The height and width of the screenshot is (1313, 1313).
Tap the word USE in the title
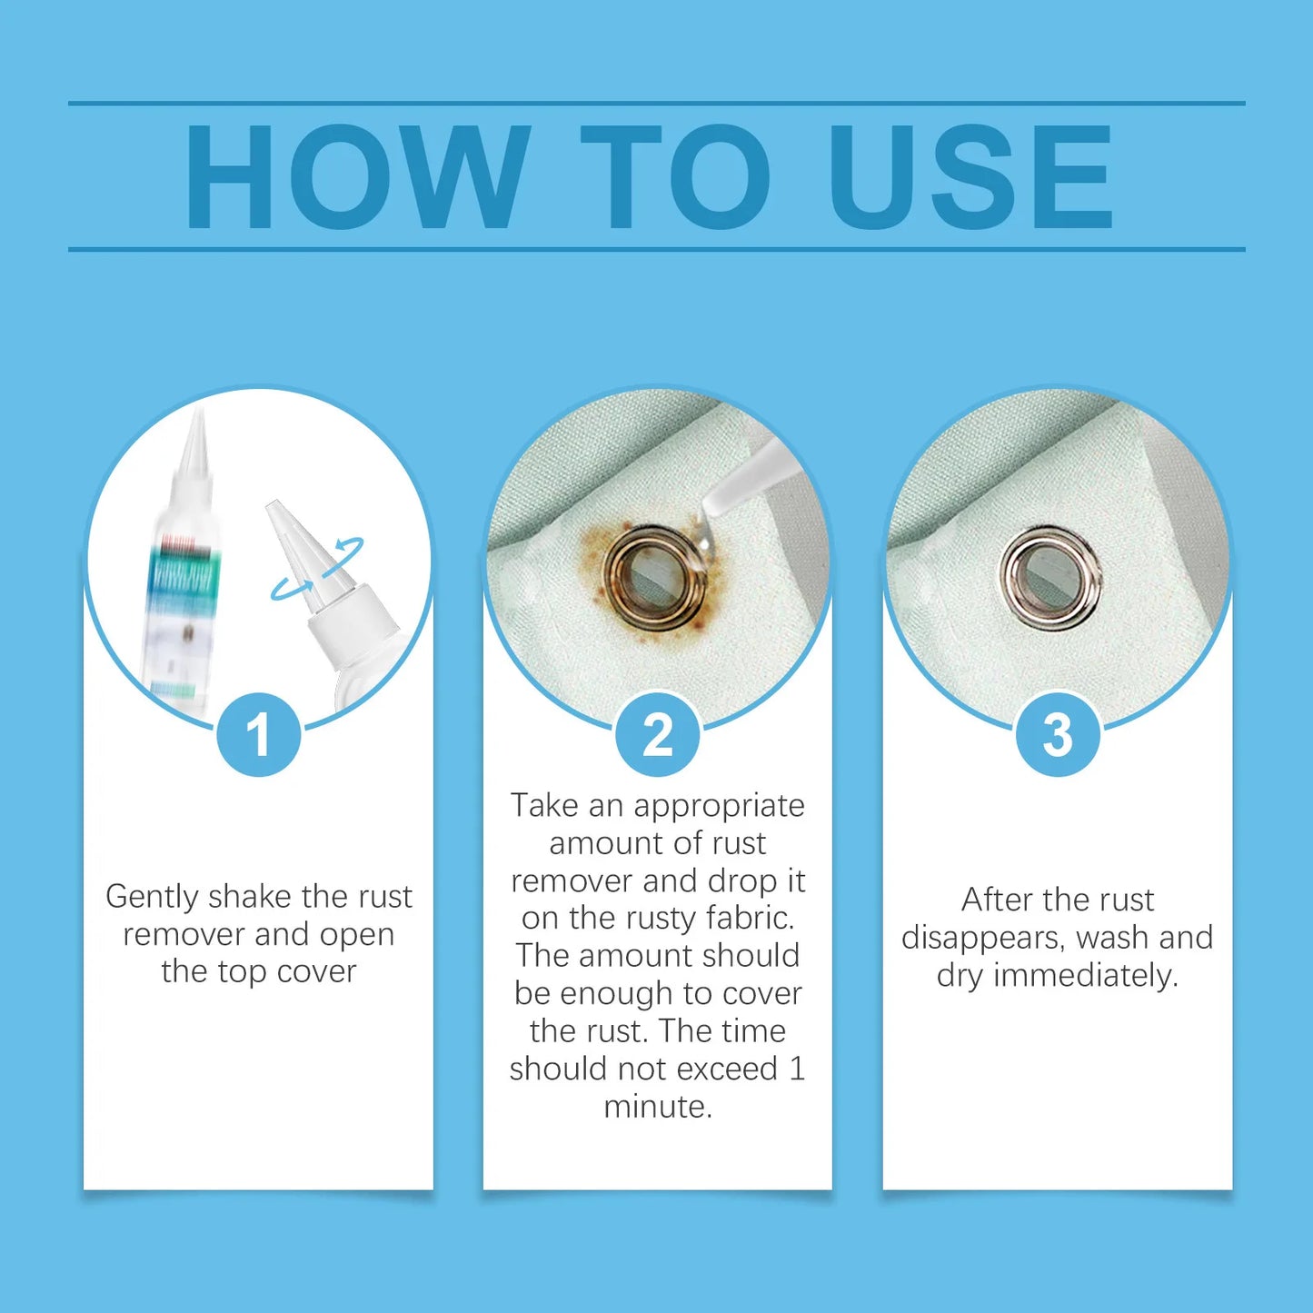tap(970, 177)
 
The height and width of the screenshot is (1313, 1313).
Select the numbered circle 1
tap(259, 734)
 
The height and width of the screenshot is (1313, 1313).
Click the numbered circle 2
tap(658, 734)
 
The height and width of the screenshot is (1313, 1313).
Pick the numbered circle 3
tap(1058, 734)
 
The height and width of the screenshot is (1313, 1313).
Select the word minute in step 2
tap(658, 1107)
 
